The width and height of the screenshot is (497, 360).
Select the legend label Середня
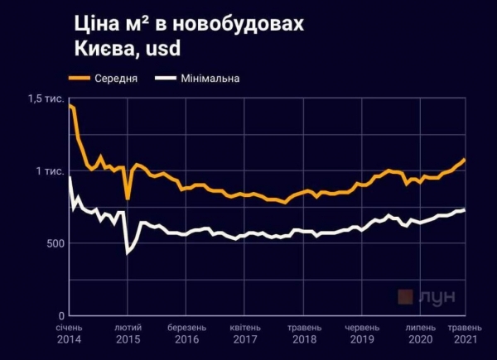point(116,79)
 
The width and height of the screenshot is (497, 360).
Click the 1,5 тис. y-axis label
point(46,99)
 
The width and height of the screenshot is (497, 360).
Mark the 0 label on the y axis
point(60,315)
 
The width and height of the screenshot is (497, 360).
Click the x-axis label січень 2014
point(70,334)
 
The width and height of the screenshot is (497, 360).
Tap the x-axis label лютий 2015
point(128,334)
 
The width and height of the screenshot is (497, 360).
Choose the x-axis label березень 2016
point(187,334)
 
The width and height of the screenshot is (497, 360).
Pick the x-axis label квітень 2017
point(245,334)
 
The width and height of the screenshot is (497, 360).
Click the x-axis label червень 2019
point(363,334)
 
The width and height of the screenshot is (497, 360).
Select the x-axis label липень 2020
point(421,334)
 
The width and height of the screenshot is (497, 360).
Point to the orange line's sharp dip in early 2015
point(128,199)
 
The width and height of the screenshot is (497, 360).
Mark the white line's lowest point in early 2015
point(127,252)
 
